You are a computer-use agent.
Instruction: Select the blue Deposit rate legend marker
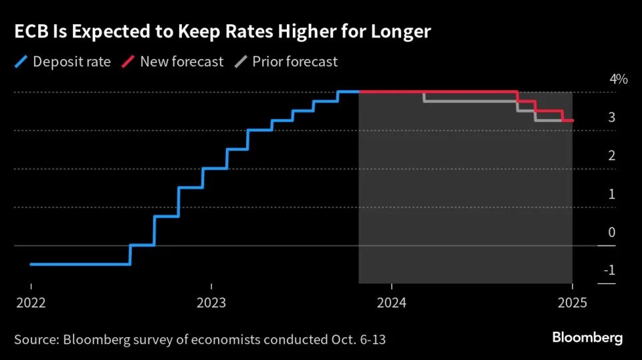coord(20,62)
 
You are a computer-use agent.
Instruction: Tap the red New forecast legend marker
coord(129,62)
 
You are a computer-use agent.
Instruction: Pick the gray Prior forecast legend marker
coord(241,62)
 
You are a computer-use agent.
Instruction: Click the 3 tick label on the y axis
coord(611,118)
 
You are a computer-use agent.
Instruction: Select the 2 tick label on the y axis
coord(611,156)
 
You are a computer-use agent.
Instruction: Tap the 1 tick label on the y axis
coord(611,194)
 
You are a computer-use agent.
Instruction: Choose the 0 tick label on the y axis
coord(611,232)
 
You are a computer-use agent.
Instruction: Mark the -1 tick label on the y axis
coord(609,270)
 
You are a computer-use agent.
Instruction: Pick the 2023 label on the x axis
coord(211,302)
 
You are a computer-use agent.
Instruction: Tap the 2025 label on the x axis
coord(572,302)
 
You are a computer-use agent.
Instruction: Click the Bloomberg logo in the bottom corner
coord(587,337)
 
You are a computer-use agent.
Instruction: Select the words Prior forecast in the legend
coord(295,62)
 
